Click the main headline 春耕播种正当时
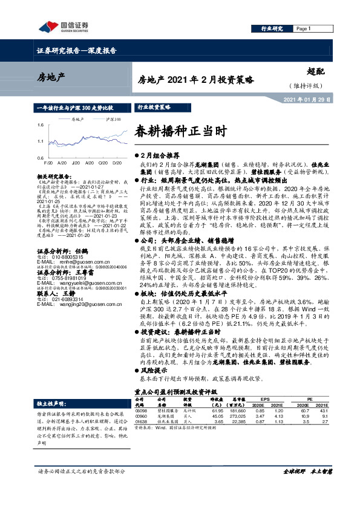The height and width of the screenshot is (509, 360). tap(172, 129)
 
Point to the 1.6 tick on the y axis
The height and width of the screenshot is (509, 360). tap(40, 125)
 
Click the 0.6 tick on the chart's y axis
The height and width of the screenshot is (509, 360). tap(40, 157)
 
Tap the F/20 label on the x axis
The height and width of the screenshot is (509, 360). tap(48, 163)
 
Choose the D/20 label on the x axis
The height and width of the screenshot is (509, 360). tap(116, 163)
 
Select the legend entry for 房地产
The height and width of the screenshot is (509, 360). tap(75, 120)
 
